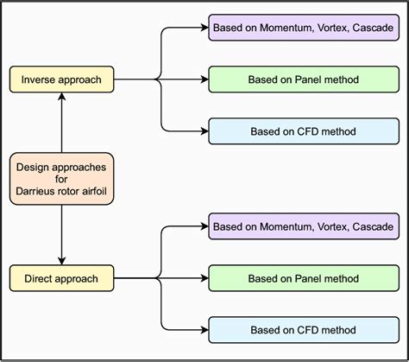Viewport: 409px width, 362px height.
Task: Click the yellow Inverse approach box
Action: pyautogui.click(x=62, y=79)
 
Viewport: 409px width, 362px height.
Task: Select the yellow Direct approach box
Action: pyautogui.click(x=62, y=278)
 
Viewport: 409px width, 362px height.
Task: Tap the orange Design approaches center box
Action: pyautogui.click(x=62, y=179)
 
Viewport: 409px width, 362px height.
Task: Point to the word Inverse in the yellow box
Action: pyautogui.click(x=40, y=79)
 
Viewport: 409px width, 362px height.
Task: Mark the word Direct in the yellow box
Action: pyautogui.click(x=37, y=278)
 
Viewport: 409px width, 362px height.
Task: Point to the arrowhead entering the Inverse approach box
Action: pyautogui.click(x=62, y=97)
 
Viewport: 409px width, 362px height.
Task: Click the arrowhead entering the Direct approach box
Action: pyautogui.click(x=62, y=261)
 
